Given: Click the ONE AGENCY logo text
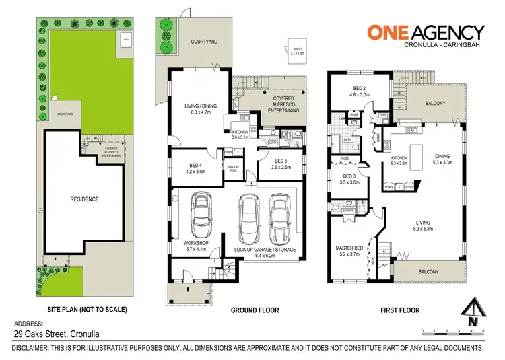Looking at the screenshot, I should pyautogui.click(x=425, y=32).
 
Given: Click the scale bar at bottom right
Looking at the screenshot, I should pyautogui.click(x=452, y=330).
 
